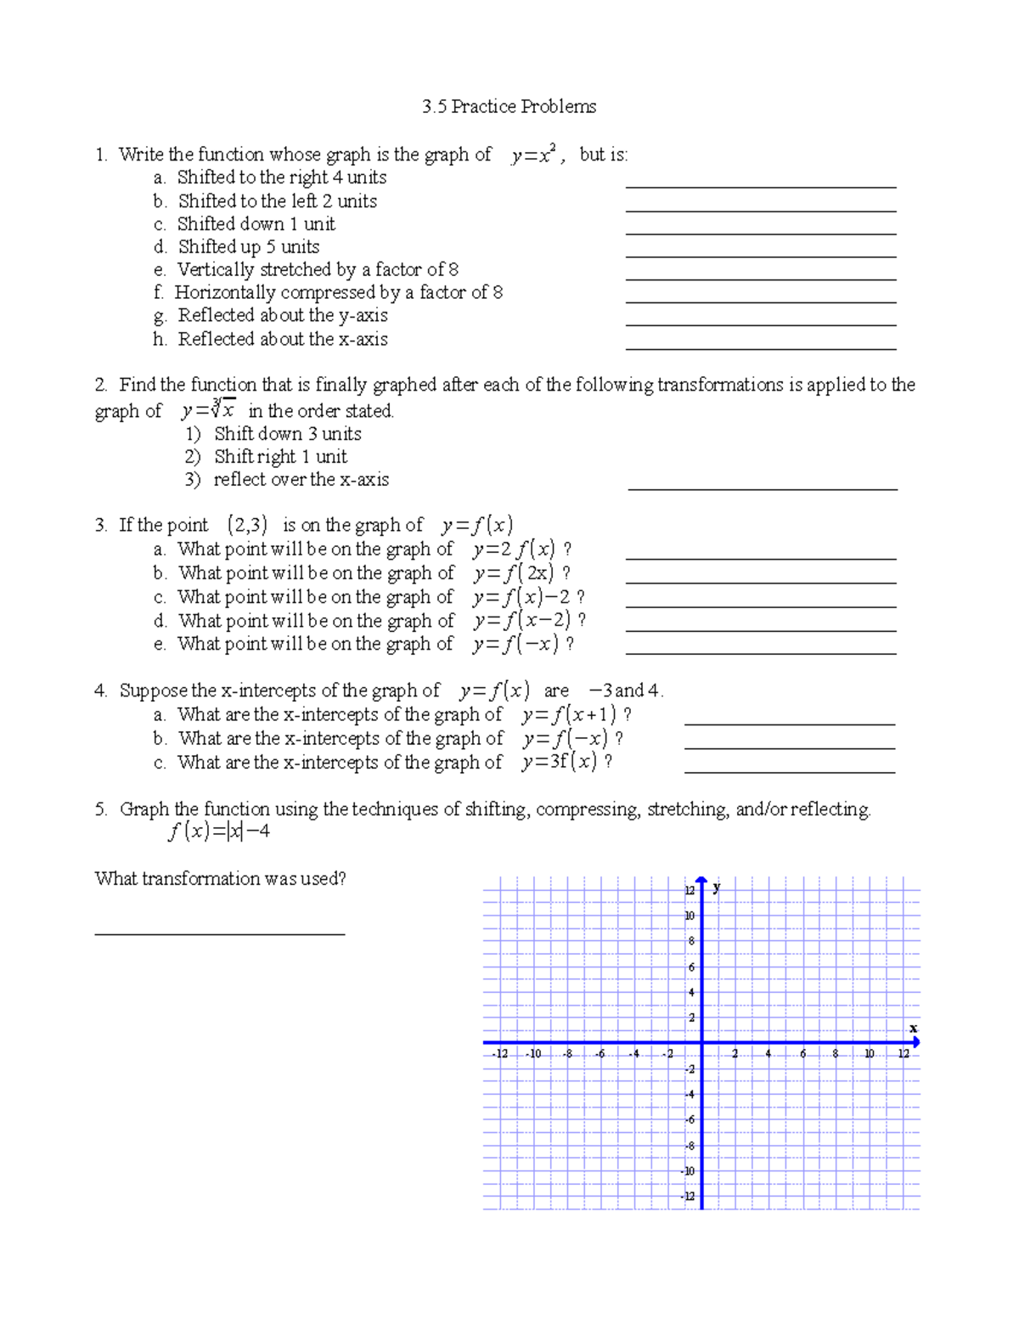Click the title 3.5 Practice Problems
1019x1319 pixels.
coord(509,107)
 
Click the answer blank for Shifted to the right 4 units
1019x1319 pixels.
coord(761,185)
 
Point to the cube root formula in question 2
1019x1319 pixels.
coord(209,410)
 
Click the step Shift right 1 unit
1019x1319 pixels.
coord(280,457)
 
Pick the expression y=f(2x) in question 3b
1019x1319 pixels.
coord(514,573)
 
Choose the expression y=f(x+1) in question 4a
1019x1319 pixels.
coord(569,715)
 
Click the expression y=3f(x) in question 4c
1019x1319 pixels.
coord(560,762)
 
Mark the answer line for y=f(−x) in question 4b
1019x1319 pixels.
coord(790,747)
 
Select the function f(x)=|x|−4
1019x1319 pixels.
coord(219,831)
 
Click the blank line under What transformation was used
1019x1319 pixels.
coord(219,933)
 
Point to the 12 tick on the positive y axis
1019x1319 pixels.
coord(690,890)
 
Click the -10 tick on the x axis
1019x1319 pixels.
coord(533,1054)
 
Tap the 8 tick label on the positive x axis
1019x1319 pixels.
coord(836,1054)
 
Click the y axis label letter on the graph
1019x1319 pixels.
coord(718,888)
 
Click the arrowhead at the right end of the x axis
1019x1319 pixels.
coord(915,1042)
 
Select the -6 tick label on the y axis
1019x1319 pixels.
coord(690,1120)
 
